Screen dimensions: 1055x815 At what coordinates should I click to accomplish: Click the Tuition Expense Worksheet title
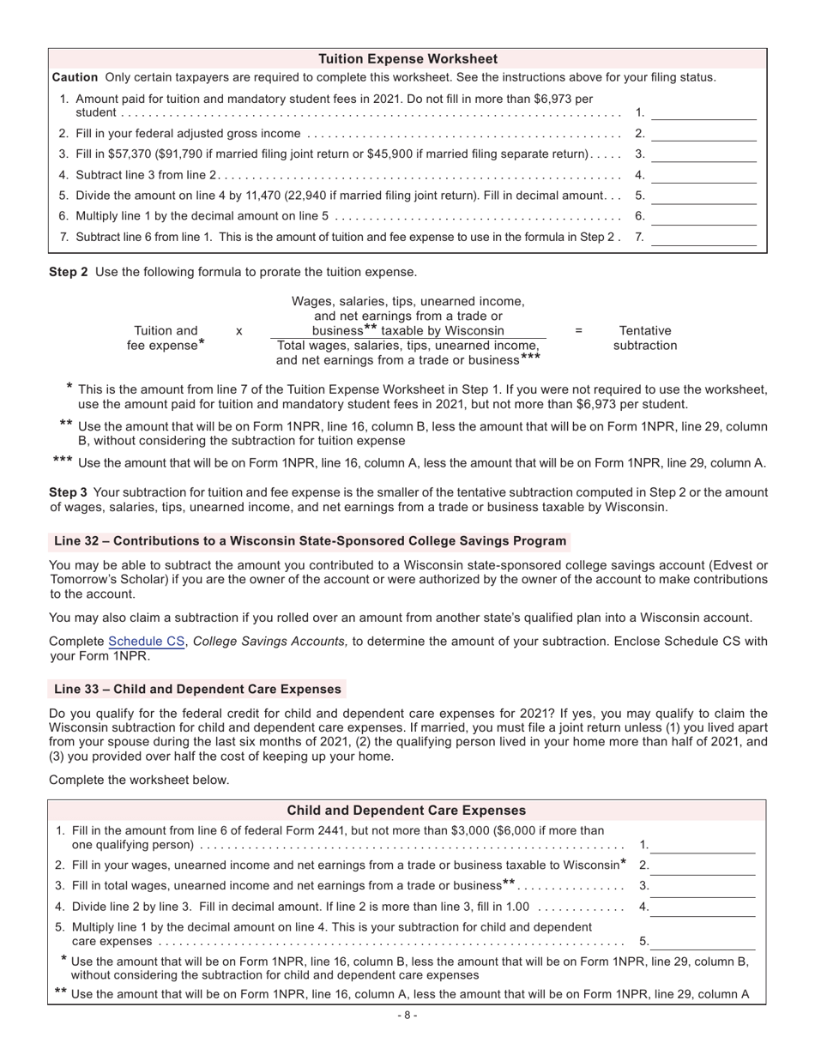pos(407,59)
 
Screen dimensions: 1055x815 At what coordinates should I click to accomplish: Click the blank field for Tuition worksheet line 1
pos(703,112)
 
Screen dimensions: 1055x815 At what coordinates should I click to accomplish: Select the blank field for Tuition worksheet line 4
pos(703,175)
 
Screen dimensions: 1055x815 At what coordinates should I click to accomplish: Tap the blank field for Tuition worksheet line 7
pos(703,238)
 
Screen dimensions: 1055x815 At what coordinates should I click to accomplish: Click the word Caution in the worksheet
pos(75,77)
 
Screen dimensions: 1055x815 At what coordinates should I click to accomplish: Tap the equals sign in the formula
pos(578,330)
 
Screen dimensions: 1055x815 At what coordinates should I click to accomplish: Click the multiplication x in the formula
pos(238,330)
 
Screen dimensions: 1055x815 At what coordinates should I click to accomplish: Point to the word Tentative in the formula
pos(645,330)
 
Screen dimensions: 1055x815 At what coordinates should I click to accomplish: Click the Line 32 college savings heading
pos(310,541)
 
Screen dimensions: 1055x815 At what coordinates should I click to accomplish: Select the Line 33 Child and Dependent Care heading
pos(197,689)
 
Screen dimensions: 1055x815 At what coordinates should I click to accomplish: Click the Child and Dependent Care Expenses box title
pos(406,811)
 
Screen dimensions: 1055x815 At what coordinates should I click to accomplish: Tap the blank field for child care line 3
pos(703,886)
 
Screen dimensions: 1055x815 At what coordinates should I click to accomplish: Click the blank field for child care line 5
pos(703,942)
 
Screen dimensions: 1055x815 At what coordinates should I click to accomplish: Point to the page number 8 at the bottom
pos(407,1016)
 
